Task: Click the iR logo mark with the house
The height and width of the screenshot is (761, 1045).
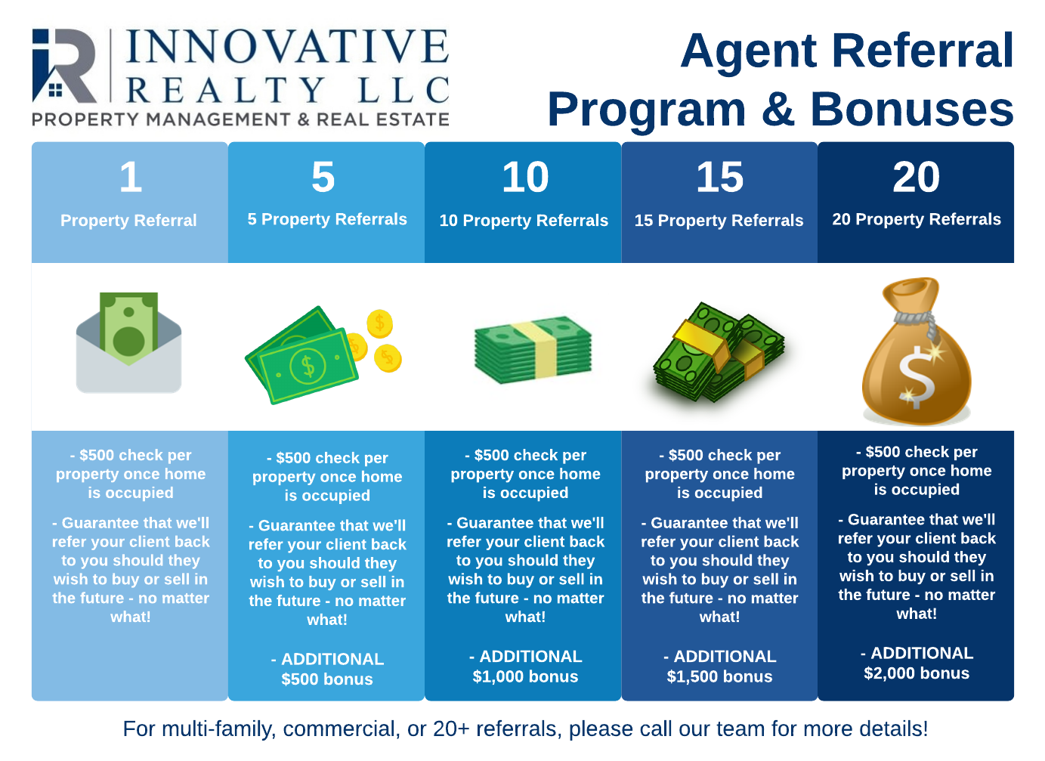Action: click(x=64, y=66)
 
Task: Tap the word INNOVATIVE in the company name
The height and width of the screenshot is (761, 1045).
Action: click(x=287, y=46)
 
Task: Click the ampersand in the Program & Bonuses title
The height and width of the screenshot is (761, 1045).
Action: click(x=778, y=109)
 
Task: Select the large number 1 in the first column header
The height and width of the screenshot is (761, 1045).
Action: click(x=130, y=177)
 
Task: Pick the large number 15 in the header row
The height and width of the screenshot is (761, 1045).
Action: click(x=719, y=177)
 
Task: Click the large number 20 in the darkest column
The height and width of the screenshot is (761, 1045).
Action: click(x=916, y=177)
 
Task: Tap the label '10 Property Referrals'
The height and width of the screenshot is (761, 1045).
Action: click(x=524, y=221)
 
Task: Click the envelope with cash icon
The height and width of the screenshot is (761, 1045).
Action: click(x=128, y=342)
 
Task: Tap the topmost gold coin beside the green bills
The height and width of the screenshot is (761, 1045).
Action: click(x=380, y=323)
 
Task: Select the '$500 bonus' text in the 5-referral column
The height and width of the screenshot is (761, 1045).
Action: click(x=327, y=679)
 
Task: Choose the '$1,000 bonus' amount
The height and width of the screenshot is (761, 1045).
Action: click(x=525, y=676)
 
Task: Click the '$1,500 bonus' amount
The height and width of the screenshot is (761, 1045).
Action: click(x=719, y=676)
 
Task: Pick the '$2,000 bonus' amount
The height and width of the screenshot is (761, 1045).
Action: click(x=917, y=673)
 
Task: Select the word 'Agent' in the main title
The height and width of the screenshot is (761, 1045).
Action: click(x=748, y=53)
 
